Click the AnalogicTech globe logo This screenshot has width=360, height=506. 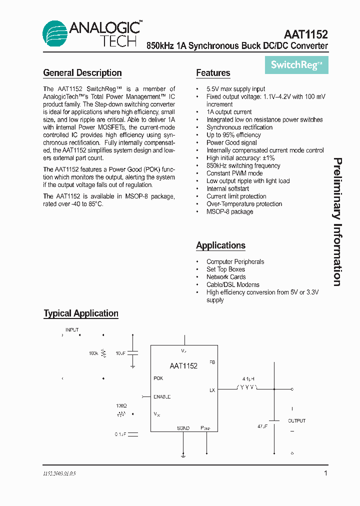coord(54,33)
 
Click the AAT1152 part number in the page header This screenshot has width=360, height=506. coord(305,34)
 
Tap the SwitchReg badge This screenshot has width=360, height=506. coord(296,65)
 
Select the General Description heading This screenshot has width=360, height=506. coord(82,73)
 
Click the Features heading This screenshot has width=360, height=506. coord(213,73)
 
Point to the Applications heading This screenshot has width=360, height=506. coord(220,245)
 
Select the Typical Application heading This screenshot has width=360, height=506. coord(81,313)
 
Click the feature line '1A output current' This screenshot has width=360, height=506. coord(229,112)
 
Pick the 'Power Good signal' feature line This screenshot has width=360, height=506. coord(231,142)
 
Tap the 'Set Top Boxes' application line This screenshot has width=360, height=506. coord(225,269)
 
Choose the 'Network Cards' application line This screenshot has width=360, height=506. coord(226,277)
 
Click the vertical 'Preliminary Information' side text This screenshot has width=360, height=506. coord(338,222)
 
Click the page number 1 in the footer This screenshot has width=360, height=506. coord(325,473)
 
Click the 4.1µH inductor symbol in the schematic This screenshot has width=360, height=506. coord(246,387)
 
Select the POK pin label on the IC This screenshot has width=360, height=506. coord(158,378)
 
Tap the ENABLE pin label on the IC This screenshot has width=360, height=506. coord(162,396)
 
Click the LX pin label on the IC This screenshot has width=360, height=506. coord(212,390)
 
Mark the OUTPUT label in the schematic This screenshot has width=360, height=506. coord(296,421)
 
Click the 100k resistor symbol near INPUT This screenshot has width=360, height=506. coord(104,353)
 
